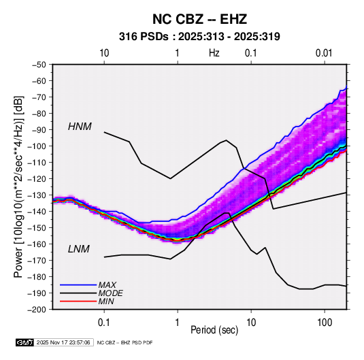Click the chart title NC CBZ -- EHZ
(x=199, y=19)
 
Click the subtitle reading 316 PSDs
(x=144, y=37)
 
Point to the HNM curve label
(x=80, y=127)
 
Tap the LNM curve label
(x=79, y=249)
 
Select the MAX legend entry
(x=107, y=284)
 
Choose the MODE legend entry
(x=110, y=293)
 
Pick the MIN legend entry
(x=106, y=301)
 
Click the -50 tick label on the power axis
(x=39, y=65)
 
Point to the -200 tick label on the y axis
(x=37, y=310)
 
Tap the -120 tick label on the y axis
(x=37, y=178)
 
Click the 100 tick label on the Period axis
(x=325, y=322)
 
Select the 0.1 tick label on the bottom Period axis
(x=104, y=322)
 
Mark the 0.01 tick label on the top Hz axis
(x=324, y=53)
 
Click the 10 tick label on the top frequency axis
(x=104, y=53)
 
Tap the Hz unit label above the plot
(x=214, y=53)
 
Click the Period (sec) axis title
(x=214, y=330)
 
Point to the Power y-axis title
(x=19, y=186)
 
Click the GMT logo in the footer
(x=24, y=342)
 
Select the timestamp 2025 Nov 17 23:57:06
(x=63, y=342)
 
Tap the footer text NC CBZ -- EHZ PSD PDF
(x=125, y=342)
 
